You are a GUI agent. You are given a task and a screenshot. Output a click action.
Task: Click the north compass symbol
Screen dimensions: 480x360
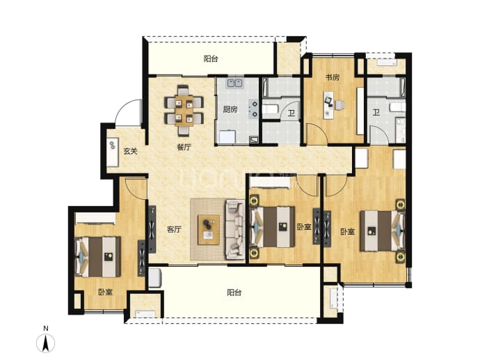pyautogui.click(x=46, y=343)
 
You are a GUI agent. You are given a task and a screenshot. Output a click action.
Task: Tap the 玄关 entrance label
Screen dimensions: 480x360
pyautogui.click(x=130, y=151)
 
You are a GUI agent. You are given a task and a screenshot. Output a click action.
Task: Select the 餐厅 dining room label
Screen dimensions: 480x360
pyautogui.click(x=184, y=148)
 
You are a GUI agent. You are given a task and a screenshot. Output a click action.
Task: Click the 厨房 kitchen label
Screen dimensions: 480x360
pyautogui.click(x=230, y=109)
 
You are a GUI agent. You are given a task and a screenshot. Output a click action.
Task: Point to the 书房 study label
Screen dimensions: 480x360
pyautogui.click(x=332, y=77)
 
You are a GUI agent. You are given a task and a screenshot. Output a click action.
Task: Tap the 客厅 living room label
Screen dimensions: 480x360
pyautogui.click(x=174, y=229)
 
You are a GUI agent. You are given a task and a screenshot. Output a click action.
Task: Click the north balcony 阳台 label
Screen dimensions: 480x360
pyautogui.click(x=211, y=58)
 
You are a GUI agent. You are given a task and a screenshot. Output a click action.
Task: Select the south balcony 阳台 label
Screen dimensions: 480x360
pyautogui.click(x=234, y=292)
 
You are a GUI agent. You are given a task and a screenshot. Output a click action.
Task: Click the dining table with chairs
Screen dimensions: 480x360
pyautogui.click(x=184, y=110)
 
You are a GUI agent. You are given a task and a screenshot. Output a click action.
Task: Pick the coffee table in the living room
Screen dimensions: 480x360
pyautogui.click(x=209, y=230)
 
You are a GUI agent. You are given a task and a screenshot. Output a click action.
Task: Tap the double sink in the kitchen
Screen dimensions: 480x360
pyautogui.click(x=234, y=83)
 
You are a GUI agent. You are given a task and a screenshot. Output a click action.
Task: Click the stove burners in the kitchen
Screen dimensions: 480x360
pyautogui.click(x=254, y=109)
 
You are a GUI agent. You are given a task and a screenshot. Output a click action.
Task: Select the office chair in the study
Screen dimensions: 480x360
pyautogui.click(x=339, y=104)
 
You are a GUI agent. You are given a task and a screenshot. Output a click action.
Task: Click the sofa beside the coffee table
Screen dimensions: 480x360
pyautogui.click(x=235, y=230)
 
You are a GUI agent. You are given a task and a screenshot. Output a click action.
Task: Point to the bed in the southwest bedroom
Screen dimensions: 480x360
pyautogui.click(x=98, y=257)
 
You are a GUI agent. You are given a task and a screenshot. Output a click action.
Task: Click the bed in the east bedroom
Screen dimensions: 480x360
pyautogui.click(x=383, y=230)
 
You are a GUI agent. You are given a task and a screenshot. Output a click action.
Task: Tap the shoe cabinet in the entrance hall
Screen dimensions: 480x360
pyautogui.click(x=112, y=152)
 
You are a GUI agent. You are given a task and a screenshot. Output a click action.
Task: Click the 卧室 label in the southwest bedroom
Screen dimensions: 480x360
pyautogui.click(x=105, y=292)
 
